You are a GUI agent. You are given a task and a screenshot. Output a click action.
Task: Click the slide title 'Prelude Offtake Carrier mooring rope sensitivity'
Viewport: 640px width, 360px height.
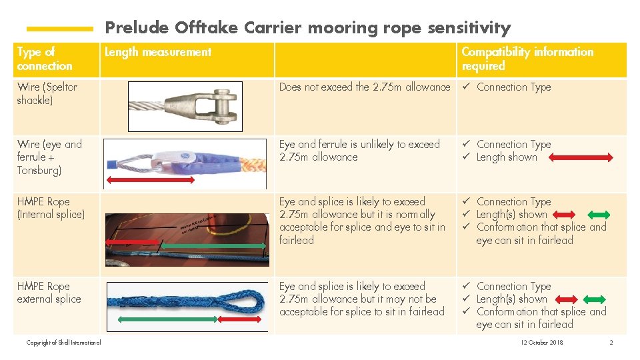308,27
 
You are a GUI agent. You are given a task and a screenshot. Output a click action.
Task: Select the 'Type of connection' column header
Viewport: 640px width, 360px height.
45,59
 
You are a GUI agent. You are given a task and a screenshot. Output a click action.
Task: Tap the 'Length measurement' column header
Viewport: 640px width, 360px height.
158,52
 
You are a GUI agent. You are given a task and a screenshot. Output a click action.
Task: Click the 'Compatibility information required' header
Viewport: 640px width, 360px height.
527,59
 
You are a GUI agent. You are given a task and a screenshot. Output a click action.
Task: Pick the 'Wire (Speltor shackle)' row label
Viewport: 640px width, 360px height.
47,93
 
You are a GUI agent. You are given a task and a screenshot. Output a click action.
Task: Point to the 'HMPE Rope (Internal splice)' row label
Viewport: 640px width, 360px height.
51,208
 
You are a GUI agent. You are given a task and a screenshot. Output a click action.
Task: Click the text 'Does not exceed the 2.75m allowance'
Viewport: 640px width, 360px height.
365,87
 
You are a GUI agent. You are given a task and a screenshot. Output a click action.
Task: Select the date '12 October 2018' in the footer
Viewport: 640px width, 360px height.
542,343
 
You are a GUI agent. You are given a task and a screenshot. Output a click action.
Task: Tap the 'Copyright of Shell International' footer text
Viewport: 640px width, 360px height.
63,343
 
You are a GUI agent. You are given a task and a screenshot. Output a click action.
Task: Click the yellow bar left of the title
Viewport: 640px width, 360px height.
59,29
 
